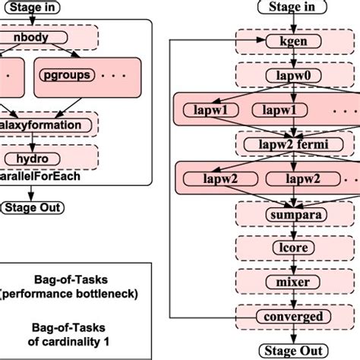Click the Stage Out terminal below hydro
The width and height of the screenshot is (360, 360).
point(33,207)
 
